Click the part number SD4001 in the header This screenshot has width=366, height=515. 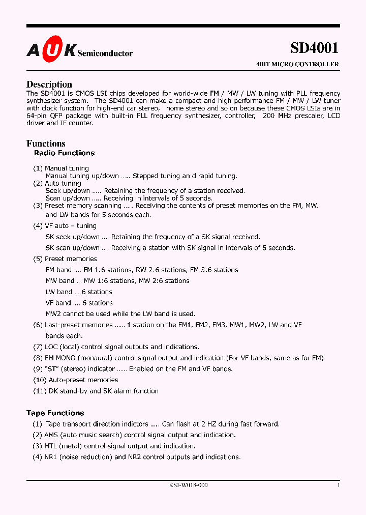pyautogui.click(x=314, y=48)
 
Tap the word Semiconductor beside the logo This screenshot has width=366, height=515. pyautogui.click(x=105, y=53)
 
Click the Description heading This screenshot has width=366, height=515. pyautogui.click(x=49, y=84)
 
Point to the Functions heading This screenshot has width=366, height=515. pyautogui.click(x=46, y=144)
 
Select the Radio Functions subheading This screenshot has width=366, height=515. pyautogui.click(x=64, y=153)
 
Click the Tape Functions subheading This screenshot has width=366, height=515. pyautogui.click(x=55, y=413)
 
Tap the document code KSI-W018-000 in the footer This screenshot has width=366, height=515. pyautogui.click(x=188, y=485)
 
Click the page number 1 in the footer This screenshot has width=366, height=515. pyautogui.click(x=338, y=485)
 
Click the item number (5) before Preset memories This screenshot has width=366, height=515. pyautogui.click(x=38, y=259)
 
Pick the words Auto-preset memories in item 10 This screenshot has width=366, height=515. pyautogui.click(x=83, y=380)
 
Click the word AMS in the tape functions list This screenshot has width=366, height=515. pyautogui.click(x=51, y=435)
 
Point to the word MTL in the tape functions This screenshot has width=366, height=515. pyautogui.click(x=51, y=446)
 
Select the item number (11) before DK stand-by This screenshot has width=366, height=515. pyautogui.click(x=40, y=391)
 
